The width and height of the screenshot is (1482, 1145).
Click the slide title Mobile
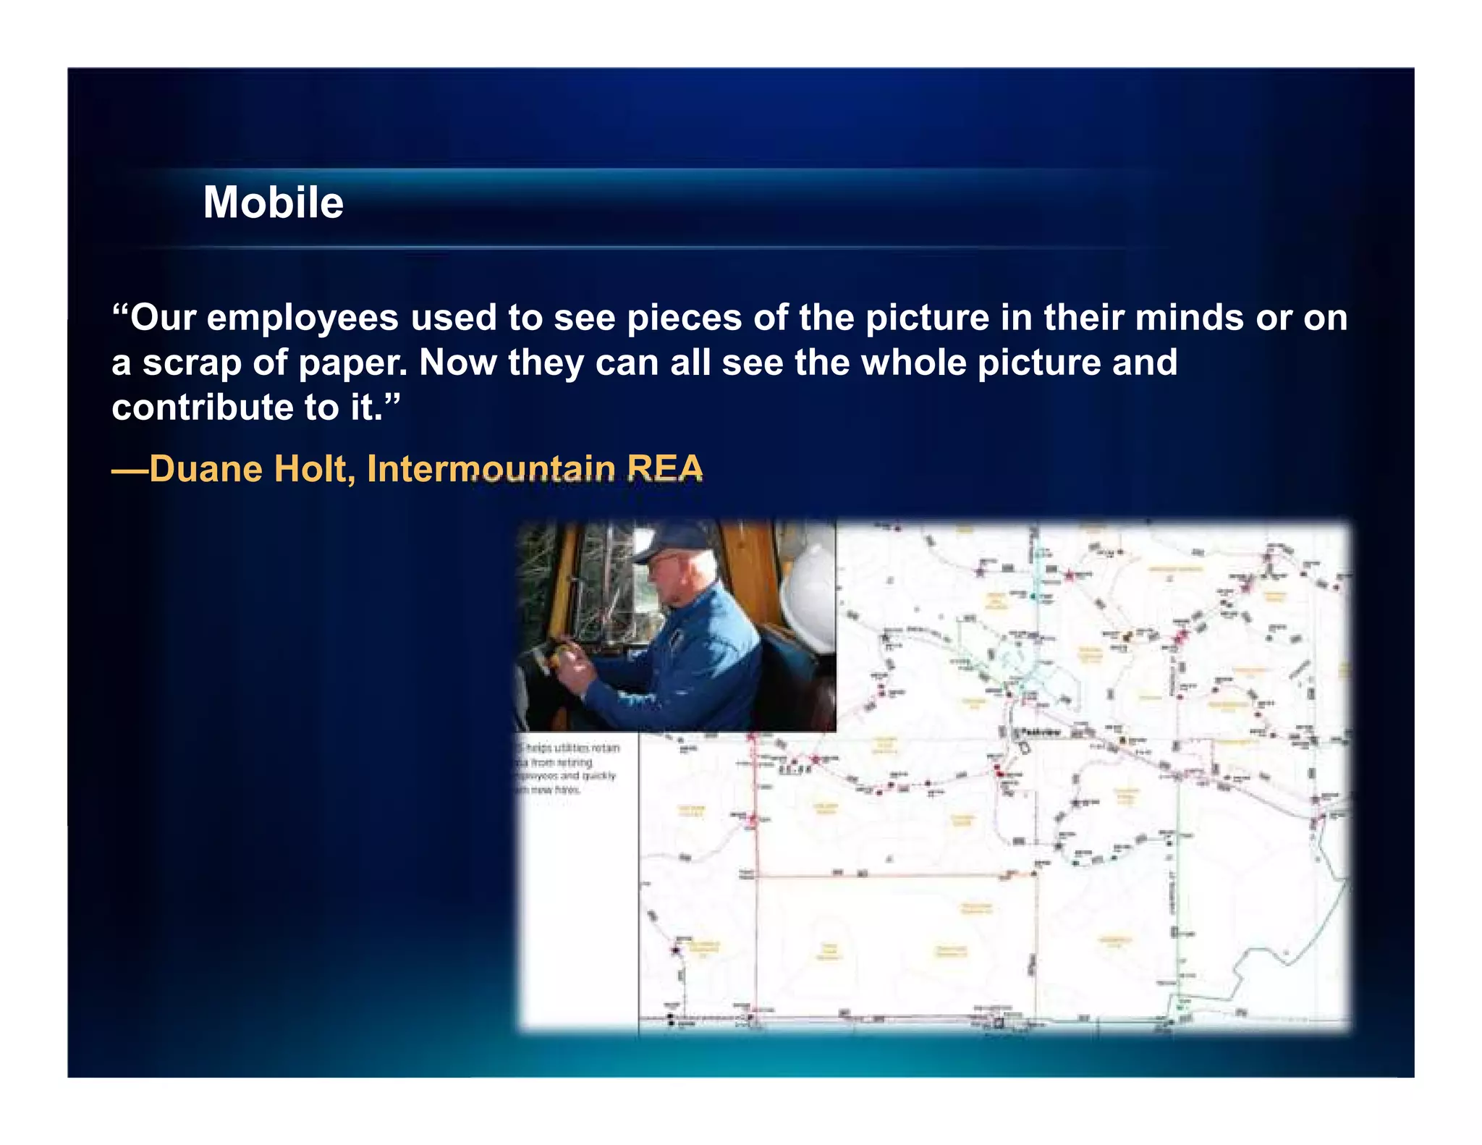point(273,202)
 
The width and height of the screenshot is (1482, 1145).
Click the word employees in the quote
point(302,318)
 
